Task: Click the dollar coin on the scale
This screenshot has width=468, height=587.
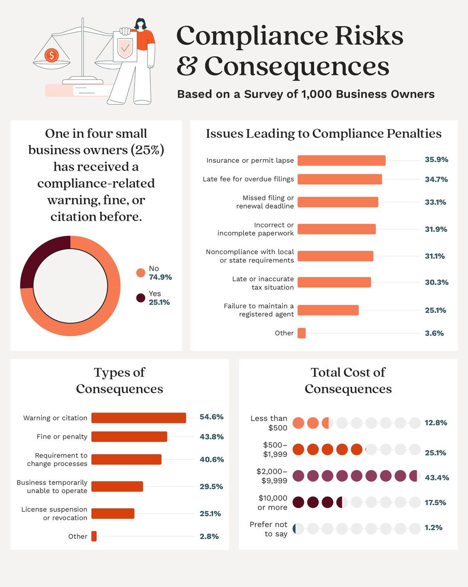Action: click(51, 55)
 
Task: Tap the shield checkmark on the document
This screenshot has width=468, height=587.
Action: click(125, 49)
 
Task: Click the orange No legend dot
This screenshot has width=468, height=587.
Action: click(140, 273)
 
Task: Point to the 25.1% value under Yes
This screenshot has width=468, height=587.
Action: click(159, 302)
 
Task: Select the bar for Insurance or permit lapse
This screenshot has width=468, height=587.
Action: click(341, 160)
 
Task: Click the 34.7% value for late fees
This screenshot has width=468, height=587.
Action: click(436, 179)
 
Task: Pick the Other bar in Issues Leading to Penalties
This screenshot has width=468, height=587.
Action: click(301, 333)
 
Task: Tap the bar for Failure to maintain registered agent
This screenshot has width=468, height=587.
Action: click(328, 310)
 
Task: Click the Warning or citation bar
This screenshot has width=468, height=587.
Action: click(139, 418)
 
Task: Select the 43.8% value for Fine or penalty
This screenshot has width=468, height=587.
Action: click(211, 436)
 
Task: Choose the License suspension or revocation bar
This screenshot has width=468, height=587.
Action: click(113, 513)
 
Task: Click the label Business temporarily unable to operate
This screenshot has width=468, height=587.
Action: click(52, 486)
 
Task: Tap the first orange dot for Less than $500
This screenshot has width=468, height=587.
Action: click(298, 423)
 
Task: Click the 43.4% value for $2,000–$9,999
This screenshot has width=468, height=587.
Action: click(437, 477)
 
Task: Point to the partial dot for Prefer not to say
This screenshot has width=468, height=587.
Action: click(294, 529)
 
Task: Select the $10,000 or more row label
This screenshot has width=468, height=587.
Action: click(273, 502)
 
